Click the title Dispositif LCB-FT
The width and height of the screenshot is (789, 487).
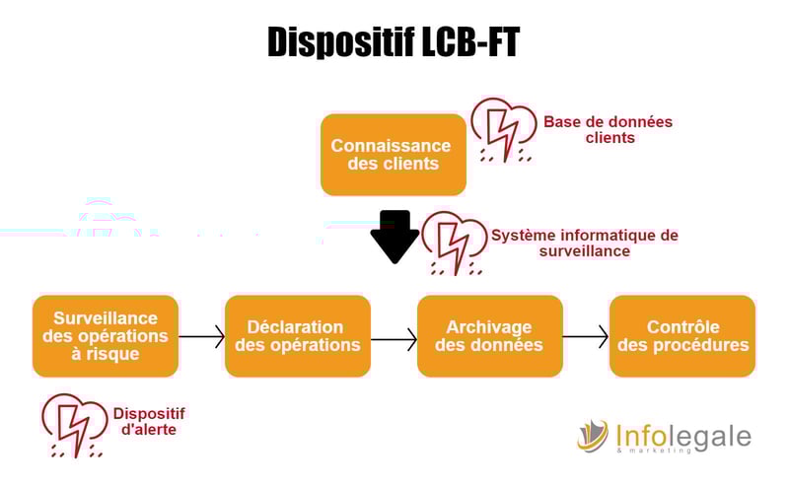394,42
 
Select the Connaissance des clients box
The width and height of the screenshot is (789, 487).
393,154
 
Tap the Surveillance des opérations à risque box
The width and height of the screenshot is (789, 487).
106,336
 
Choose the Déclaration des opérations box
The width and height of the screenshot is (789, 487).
298,336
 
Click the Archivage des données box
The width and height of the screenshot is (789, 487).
489,336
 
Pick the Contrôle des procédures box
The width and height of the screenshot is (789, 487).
682,336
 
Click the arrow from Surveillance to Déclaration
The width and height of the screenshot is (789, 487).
202,336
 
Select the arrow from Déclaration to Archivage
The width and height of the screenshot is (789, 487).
394,339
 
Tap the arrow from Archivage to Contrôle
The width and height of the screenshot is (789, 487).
586,336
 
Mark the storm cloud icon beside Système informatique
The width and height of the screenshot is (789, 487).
454,243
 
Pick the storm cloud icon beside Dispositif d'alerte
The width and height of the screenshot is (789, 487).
74,424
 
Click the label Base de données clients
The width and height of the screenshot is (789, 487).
609,129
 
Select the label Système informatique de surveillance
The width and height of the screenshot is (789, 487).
585,243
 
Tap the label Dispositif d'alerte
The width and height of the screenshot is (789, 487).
148,422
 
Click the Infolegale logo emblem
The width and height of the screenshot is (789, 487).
594,436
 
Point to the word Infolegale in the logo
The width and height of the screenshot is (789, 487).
682,435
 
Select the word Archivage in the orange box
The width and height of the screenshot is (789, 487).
489,327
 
